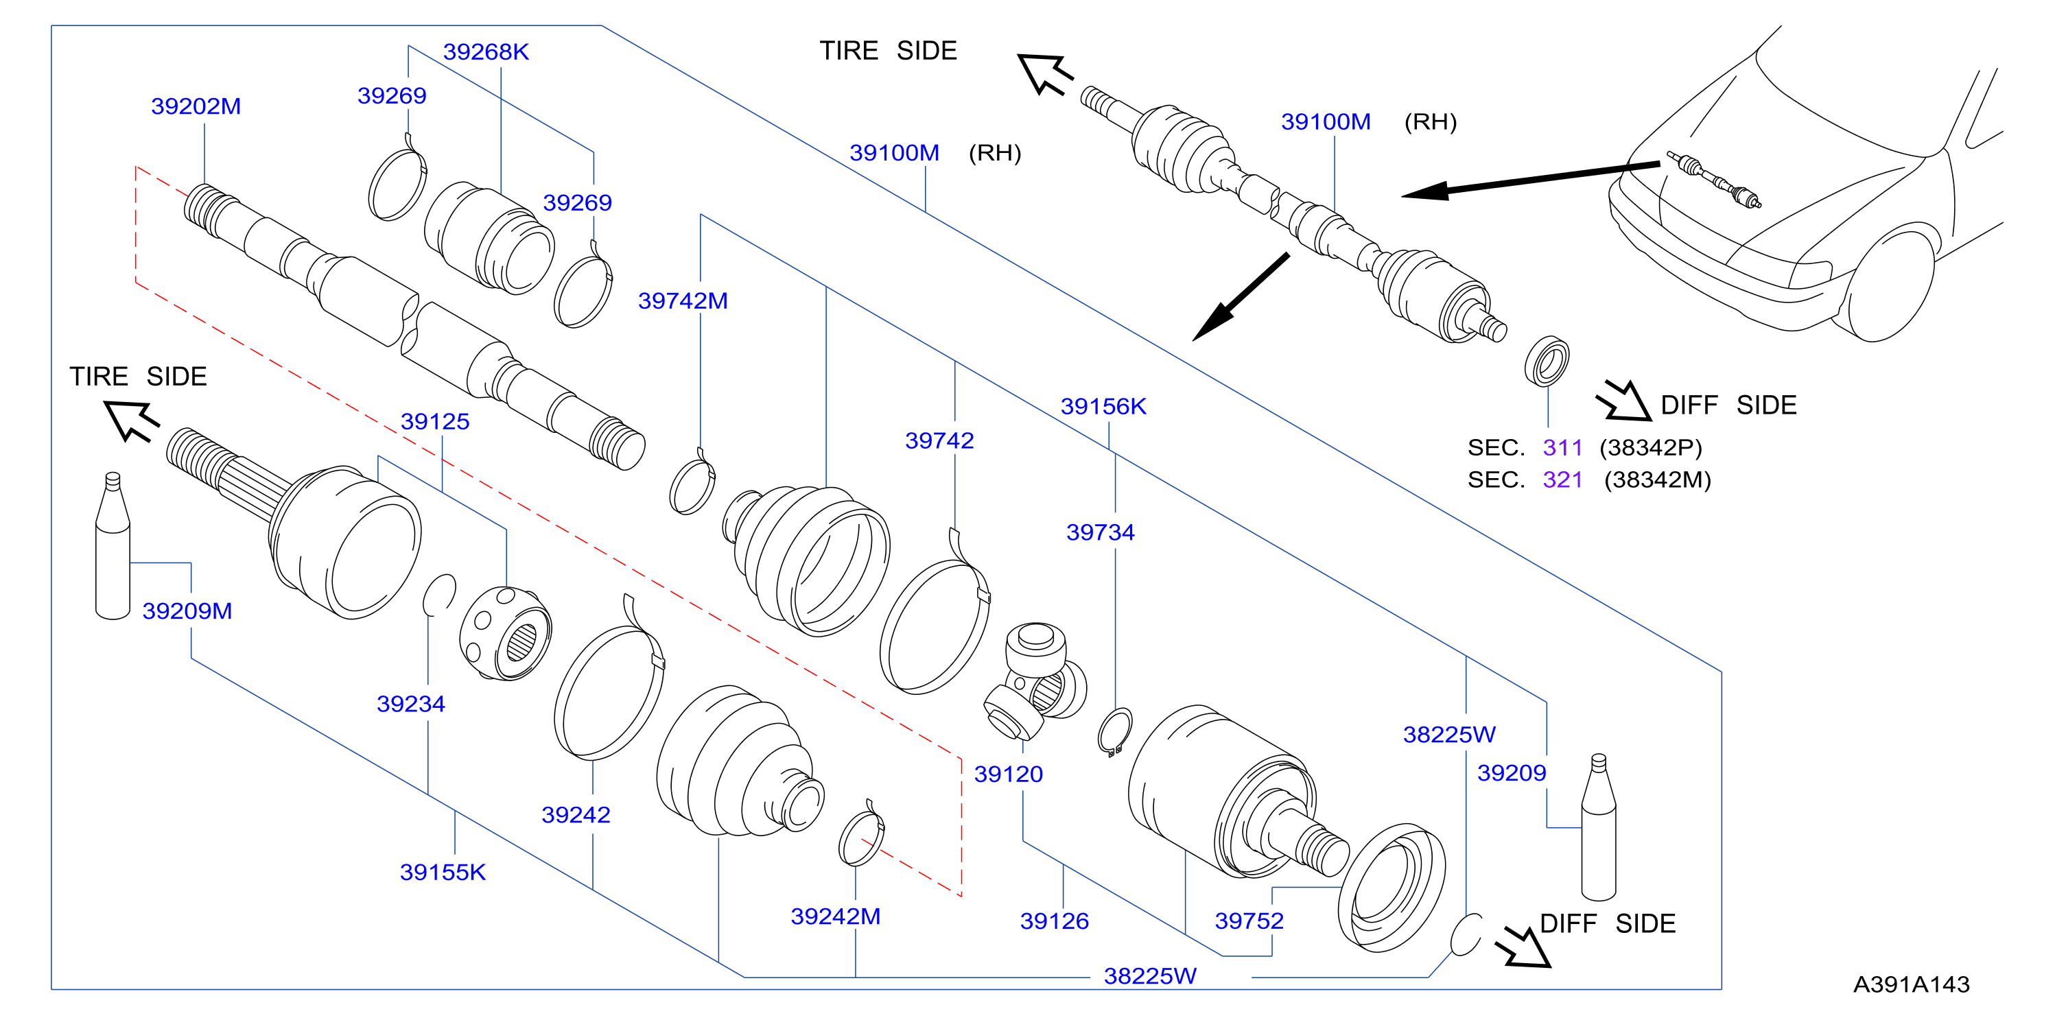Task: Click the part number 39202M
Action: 196,106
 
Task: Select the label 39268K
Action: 486,52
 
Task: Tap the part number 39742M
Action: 683,300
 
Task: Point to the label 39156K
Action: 1103,406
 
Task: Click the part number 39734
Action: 1100,532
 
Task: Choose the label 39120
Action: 1009,774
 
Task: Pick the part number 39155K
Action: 443,872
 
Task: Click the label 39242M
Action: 835,916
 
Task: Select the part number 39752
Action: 1249,921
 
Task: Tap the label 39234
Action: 411,704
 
